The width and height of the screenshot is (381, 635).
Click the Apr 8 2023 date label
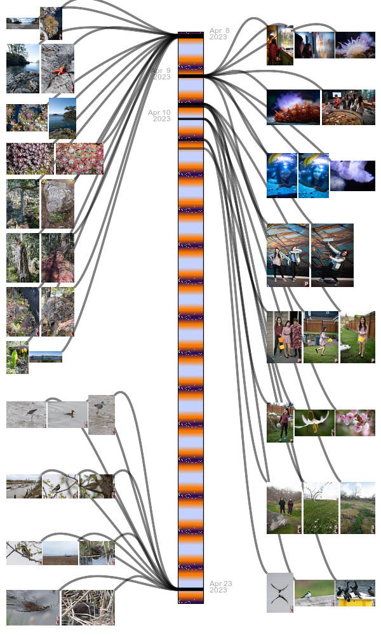click(x=219, y=34)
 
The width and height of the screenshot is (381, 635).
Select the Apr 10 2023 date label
click(x=159, y=116)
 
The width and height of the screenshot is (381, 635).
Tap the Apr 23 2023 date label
click(x=219, y=587)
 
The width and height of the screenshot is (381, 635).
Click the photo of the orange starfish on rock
click(x=57, y=69)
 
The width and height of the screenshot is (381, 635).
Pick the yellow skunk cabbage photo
click(x=17, y=358)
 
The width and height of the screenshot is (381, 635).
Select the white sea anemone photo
click(x=355, y=45)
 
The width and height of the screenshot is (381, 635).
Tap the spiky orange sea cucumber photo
click(x=293, y=107)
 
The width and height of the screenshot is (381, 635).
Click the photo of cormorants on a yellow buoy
click(x=355, y=592)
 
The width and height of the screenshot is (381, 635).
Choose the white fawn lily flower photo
click(x=314, y=422)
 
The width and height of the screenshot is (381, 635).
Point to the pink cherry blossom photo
click(x=355, y=422)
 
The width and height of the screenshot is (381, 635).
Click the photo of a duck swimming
click(x=67, y=415)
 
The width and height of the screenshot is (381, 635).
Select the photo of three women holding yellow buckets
click(x=284, y=337)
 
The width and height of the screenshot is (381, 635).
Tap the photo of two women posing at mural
click(x=288, y=255)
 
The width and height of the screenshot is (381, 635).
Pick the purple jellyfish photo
click(x=352, y=175)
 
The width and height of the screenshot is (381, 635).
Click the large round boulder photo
click(x=57, y=204)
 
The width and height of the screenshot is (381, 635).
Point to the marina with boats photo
click(x=23, y=486)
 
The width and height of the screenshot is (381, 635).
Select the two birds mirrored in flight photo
click(x=280, y=592)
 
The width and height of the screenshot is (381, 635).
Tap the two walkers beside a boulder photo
click(x=284, y=508)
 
